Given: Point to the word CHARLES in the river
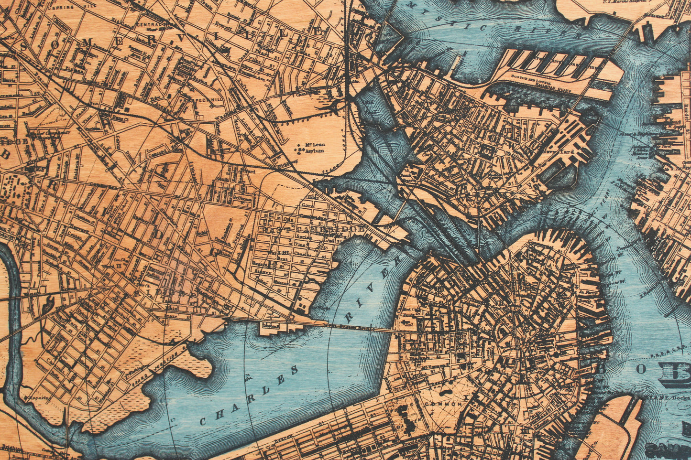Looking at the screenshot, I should [x=249, y=396].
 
